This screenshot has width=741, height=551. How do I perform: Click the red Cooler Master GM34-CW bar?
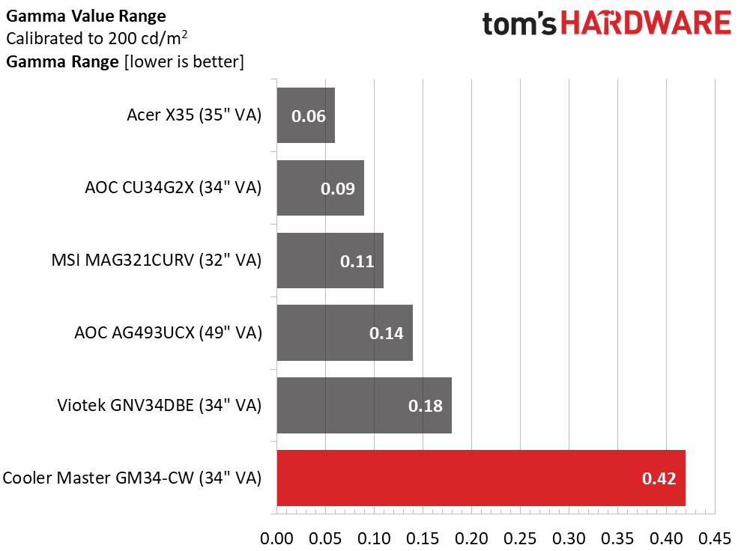(x=481, y=478)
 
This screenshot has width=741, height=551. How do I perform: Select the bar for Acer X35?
(x=306, y=115)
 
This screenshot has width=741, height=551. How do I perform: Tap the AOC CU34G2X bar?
(x=321, y=188)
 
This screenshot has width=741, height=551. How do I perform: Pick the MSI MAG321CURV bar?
(x=330, y=261)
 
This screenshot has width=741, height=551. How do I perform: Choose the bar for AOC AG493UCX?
(x=345, y=333)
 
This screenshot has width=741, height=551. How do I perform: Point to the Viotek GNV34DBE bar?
(x=364, y=405)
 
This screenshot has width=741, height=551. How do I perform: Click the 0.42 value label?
(x=659, y=478)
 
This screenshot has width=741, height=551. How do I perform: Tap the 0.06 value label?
(x=309, y=116)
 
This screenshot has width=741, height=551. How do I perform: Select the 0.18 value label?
(x=426, y=406)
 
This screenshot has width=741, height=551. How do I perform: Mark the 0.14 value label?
(x=387, y=333)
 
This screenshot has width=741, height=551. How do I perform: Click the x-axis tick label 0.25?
(x=520, y=538)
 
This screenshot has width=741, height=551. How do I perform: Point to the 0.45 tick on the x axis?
(x=715, y=538)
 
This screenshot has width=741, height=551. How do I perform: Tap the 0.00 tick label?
(x=277, y=538)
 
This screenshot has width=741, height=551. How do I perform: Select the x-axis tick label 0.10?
(x=375, y=538)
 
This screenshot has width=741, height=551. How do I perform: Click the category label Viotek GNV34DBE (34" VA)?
(x=160, y=405)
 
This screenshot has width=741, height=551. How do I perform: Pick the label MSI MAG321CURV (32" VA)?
(x=157, y=261)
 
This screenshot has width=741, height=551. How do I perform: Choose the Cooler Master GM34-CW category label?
(x=132, y=478)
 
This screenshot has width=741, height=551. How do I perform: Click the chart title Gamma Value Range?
(x=86, y=16)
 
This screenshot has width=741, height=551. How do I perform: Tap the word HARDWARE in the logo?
(x=646, y=24)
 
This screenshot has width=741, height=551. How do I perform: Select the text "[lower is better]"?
(x=184, y=62)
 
